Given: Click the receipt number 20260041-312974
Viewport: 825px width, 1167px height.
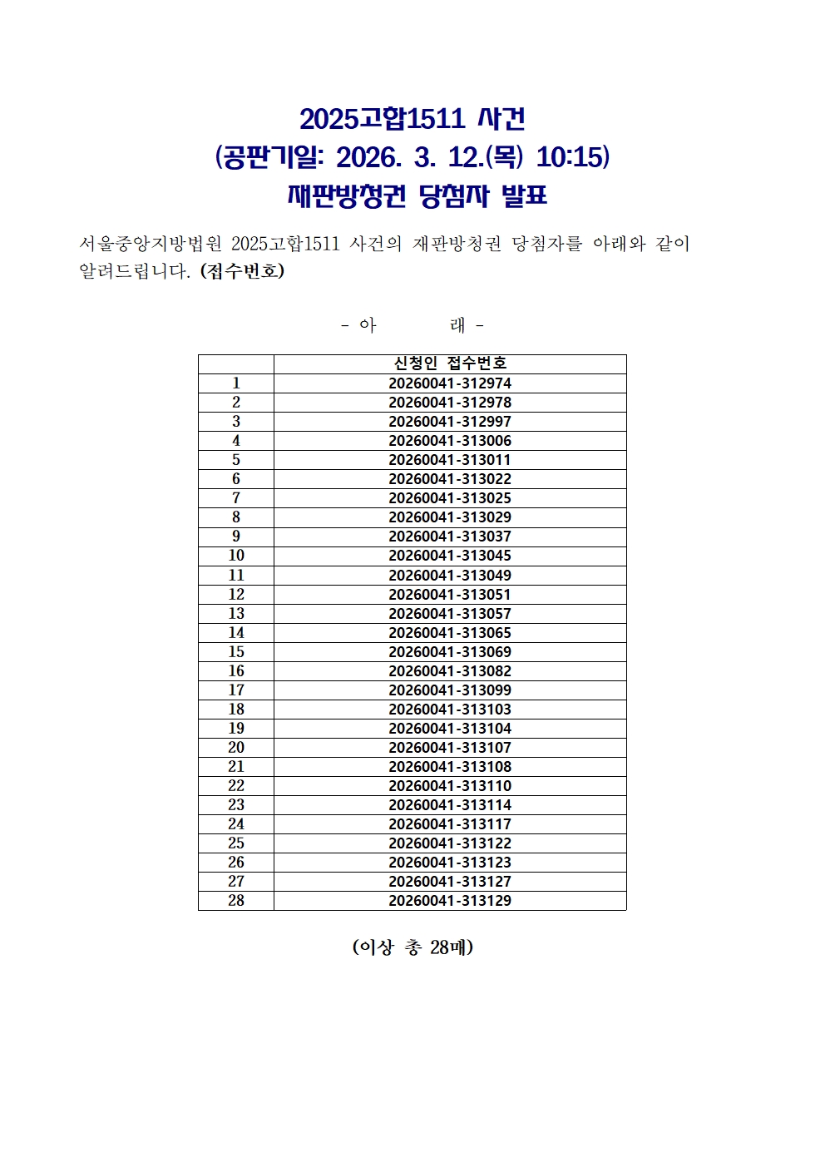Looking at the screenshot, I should [x=450, y=383].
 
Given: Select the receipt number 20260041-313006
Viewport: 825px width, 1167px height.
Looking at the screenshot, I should [x=450, y=441].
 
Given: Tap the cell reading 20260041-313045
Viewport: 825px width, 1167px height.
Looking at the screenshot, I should [x=450, y=556].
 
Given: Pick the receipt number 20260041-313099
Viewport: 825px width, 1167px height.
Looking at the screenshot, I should [x=450, y=690].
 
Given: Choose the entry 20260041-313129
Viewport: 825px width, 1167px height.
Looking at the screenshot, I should [x=450, y=901].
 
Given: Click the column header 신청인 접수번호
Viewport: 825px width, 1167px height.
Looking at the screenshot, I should [x=450, y=363].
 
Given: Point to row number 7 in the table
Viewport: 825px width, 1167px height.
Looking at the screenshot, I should [x=236, y=498].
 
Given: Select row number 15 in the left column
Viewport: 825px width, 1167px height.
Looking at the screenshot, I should [x=236, y=652].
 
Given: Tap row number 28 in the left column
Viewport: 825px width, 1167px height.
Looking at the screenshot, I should [x=236, y=901].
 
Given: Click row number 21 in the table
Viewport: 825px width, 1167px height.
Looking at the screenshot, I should [x=236, y=767].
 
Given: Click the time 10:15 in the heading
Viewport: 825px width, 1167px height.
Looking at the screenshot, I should [x=573, y=157].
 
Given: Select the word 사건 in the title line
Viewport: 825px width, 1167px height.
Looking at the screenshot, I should [x=501, y=119].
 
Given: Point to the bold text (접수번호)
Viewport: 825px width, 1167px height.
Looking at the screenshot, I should [x=242, y=271].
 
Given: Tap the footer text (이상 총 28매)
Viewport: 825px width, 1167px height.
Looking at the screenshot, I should [x=412, y=947].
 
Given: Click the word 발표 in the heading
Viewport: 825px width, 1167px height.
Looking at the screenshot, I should [x=525, y=196].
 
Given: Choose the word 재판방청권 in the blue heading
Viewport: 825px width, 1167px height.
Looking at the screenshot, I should [x=347, y=196].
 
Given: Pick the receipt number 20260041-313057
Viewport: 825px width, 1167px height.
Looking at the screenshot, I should [x=450, y=614].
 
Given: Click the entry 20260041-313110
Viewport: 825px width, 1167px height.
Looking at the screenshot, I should [x=450, y=786].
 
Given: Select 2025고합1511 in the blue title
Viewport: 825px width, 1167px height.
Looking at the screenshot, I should [x=382, y=119].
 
